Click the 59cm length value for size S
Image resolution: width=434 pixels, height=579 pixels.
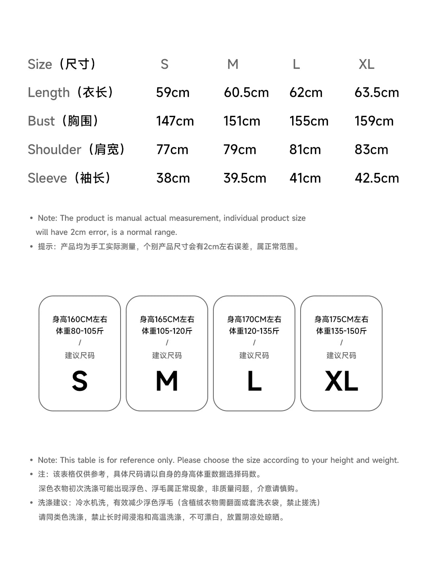pos(173,92)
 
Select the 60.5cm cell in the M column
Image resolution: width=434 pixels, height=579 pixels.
pos(246,92)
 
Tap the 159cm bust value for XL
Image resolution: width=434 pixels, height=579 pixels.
pos(374,121)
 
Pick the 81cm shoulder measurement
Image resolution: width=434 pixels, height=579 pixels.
pos(305,150)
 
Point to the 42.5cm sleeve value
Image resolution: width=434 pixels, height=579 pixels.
pos(377,178)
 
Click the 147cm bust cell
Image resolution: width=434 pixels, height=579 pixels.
pos(175,121)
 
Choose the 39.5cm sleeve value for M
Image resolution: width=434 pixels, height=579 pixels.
pos(245,178)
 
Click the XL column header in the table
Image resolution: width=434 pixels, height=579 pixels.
pos(366,64)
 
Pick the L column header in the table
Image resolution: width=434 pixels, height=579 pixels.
pos(296,64)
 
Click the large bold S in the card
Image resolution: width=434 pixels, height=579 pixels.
pos(80,381)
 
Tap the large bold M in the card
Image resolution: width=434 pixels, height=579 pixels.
pos(167,381)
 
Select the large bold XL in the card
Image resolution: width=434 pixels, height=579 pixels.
pos(341,381)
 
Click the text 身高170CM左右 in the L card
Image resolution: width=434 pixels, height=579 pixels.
pos(254,319)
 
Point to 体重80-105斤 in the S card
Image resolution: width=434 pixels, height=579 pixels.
pos(80,331)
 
